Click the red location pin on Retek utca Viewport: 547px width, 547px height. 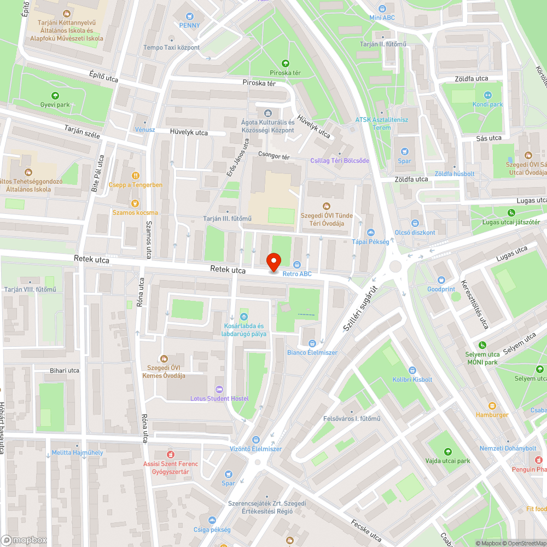273,261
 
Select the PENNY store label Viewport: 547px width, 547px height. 190,25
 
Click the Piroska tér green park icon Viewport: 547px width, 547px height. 285,63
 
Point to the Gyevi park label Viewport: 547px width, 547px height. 55,104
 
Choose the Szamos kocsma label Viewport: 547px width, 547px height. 135,213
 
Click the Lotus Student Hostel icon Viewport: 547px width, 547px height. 219,389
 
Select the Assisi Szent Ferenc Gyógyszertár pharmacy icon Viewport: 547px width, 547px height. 170,455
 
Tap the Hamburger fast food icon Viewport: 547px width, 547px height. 492,405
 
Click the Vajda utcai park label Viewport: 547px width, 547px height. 448,461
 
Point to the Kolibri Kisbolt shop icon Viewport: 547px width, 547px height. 412,370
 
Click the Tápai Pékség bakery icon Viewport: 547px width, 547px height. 370,232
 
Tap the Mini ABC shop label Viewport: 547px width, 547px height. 382,18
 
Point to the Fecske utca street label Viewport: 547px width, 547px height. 366,530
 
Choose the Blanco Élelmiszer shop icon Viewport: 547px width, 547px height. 312,344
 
